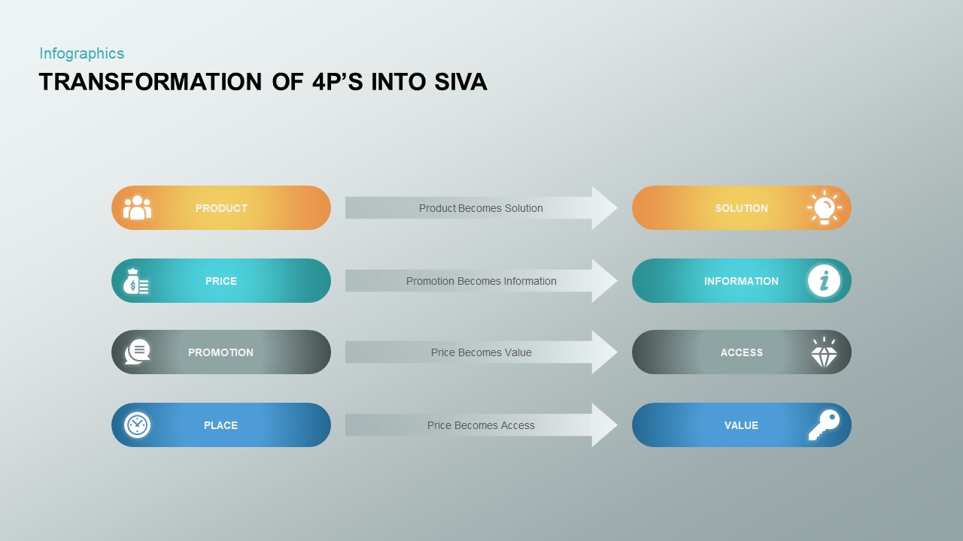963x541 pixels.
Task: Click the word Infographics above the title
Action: tap(81, 53)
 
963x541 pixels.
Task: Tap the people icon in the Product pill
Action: tap(137, 207)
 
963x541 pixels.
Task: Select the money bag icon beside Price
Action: tap(136, 282)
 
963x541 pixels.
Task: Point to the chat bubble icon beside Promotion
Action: tap(138, 352)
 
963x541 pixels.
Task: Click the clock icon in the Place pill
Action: tap(137, 425)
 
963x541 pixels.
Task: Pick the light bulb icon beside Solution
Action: tap(824, 208)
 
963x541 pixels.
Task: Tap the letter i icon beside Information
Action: tap(824, 281)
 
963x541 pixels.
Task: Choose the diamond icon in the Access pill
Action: tap(824, 352)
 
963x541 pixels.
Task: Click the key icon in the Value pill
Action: tap(824, 425)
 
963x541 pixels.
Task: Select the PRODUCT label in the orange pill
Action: tap(221, 208)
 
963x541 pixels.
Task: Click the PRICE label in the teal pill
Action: tap(221, 281)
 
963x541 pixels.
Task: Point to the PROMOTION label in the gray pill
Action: tap(220, 352)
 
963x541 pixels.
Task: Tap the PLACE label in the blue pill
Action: tap(220, 425)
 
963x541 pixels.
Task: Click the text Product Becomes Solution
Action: tap(481, 208)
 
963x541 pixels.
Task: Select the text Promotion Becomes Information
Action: tap(481, 281)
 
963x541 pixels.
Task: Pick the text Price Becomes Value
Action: tap(481, 352)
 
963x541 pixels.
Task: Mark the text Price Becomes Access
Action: tap(481, 425)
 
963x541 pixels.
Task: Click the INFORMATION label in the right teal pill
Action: tap(741, 281)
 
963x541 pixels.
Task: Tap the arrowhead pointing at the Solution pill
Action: tap(603, 208)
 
